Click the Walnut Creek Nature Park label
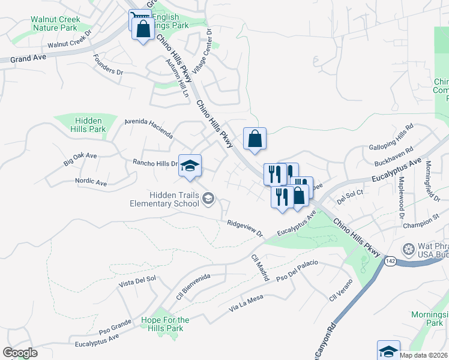tap(55, 23)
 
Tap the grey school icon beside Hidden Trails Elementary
tap(208, 199)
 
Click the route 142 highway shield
tap(391, 261)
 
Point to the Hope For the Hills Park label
tap(165, 324)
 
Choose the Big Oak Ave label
tap(80, 159)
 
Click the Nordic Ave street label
tap(91, 181)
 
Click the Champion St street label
tap(421, 224)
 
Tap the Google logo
tap(20, 353)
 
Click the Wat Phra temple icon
tap(409, 249)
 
